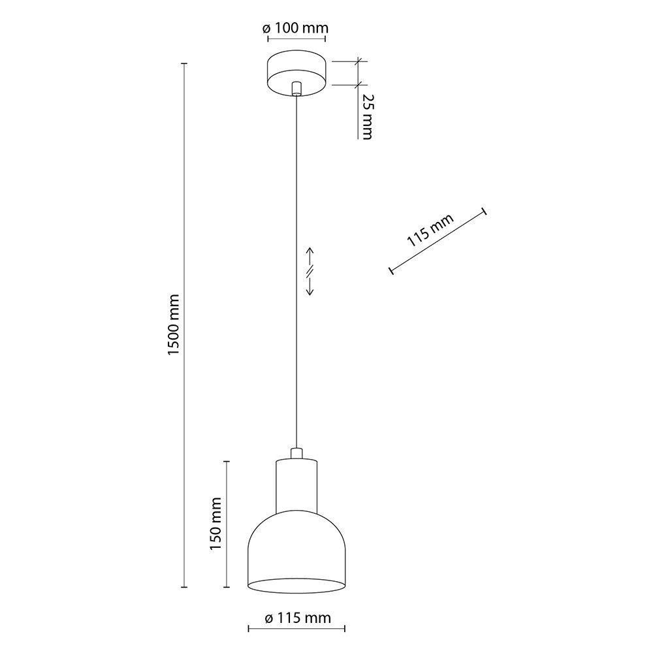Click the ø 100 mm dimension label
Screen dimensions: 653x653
[x=296, y=28]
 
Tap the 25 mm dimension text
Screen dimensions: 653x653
[x=366, y=116]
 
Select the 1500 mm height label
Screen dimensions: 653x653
[x=173, y=325]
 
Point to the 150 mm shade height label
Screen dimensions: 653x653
[x=215, y=523]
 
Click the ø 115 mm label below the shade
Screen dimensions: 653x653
[x=298, y=618]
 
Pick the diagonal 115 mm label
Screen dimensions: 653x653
[x=430, y=230]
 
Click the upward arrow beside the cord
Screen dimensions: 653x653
[x=310, y=256]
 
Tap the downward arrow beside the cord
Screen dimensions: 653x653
[x=310, y=286]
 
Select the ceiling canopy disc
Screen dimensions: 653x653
[x=296, y=72]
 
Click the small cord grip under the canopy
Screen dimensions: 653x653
[x=296, y=88]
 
